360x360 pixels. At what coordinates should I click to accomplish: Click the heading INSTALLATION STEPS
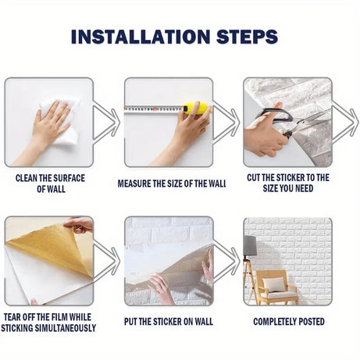point(173,36)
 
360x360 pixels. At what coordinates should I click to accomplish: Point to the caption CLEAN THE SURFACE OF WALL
point(51,184)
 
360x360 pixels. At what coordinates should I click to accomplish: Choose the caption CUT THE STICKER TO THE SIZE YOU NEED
point(288,184)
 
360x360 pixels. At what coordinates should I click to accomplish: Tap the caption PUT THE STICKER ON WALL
point(169,321)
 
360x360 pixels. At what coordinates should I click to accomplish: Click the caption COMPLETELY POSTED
point(288,321)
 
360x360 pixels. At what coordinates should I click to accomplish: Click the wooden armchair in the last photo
point(276,287)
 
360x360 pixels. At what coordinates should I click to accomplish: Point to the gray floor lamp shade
point(250,245)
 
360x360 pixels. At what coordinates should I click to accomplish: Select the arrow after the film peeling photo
point(106,262)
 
